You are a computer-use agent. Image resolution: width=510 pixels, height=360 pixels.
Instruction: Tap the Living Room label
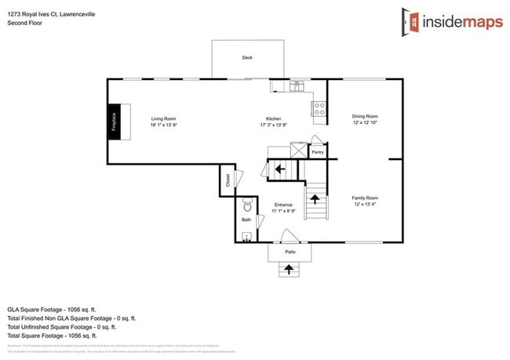coord(164,119)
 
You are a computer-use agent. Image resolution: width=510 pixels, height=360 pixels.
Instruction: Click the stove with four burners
coord(319,109)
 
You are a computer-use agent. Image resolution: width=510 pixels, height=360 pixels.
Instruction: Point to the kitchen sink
coord(297,85)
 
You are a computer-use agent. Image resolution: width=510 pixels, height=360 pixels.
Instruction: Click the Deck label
coord(247,57)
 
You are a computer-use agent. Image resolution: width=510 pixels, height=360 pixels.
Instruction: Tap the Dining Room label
coord(366,116)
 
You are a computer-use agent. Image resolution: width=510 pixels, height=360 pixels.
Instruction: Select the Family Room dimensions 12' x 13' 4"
coord(366,204)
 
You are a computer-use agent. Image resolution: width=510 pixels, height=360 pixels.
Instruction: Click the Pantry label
coord(318,151)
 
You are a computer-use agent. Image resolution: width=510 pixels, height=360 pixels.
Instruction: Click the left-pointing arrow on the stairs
coord(279,168)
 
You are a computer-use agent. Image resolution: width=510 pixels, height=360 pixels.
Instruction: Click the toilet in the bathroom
coord(247,206)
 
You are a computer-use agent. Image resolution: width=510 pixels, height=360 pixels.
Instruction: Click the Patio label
coord(290,252)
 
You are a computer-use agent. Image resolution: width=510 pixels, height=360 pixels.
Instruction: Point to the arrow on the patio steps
coord(290,270)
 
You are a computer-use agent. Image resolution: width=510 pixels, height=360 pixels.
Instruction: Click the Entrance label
coord(282,205)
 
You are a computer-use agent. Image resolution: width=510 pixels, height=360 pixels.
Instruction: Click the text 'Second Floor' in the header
coord(24,23)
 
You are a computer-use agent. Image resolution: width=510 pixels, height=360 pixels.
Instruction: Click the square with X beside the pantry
coord(298,150)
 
